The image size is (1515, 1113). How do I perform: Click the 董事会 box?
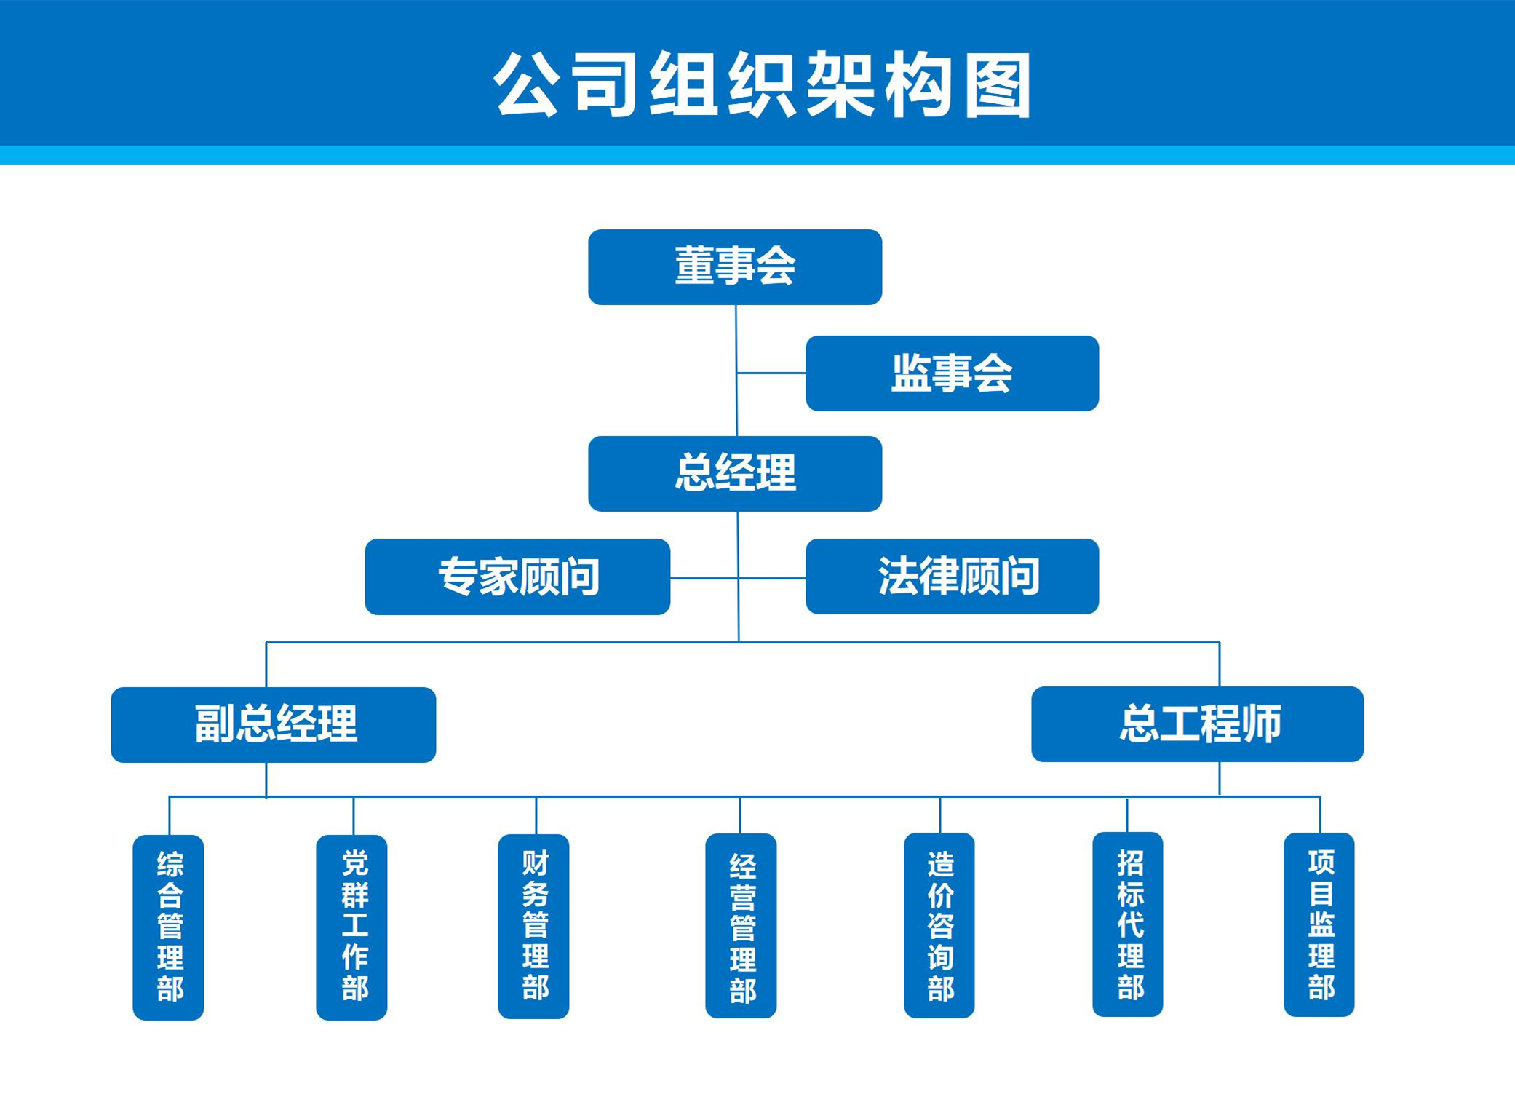click(735, 266)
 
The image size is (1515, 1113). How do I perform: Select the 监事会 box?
click(952, 373)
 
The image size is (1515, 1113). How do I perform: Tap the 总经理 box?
click(735, 473)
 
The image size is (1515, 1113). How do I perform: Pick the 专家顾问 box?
click(517, 577)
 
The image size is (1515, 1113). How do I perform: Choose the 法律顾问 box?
click(952, 576)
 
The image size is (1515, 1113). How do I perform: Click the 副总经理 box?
click(273, 724)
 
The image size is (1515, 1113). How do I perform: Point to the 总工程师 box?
click(1197, 724)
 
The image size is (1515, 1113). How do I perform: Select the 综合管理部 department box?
click(168, 927)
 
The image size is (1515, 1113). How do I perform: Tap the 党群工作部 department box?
click(351, 927)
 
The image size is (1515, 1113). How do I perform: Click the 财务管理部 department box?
click(533, 926)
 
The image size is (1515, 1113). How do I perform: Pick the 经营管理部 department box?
click(741, 925)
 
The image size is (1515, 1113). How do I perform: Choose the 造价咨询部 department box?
click(939, 925)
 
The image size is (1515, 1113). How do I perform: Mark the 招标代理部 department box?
click(1127, 924)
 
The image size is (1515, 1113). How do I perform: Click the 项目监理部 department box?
click(1319, 924)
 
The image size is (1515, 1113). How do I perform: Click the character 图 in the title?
click(998, 85)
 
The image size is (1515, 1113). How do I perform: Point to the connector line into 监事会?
click(771, 373)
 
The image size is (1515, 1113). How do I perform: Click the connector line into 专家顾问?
click(704, 578)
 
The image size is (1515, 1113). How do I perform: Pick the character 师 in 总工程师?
click(1261, 724)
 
